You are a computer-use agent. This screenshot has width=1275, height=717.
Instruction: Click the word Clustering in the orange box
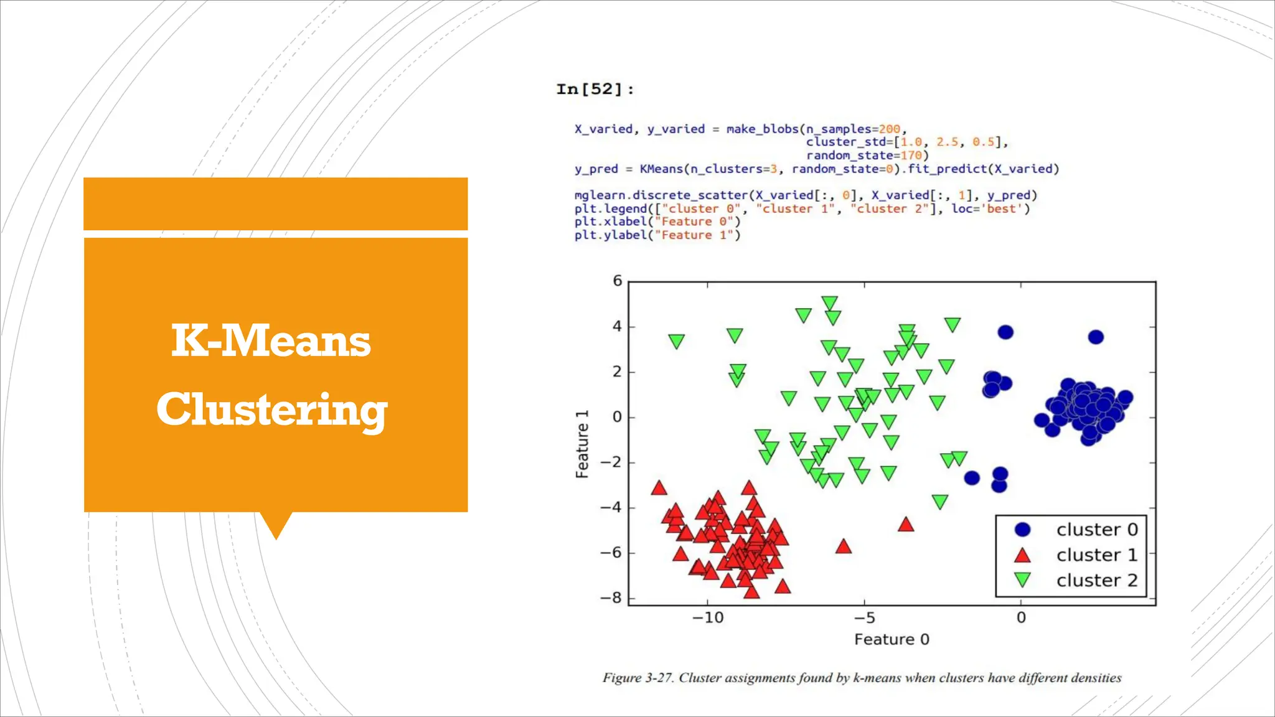click(x=271, y=410)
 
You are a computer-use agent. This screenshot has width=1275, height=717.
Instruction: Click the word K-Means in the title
click(x=271, y=341)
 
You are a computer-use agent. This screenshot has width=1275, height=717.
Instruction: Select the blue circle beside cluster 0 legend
click(x=1022, y=530)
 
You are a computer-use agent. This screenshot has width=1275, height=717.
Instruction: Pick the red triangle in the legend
click(x=1022, y=555)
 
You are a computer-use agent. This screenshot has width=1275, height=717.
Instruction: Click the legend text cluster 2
click(x=1096, y=580)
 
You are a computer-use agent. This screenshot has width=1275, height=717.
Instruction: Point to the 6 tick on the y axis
click(x=617, y=281)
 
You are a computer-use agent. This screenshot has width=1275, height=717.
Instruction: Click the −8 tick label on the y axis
click(x=611, y=598)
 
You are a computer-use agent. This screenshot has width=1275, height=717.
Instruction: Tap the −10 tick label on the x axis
click(x=708, y=618)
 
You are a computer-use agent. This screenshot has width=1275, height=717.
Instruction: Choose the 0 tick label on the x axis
click(x=1021, y=618)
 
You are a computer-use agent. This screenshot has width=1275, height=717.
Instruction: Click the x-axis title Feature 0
click(x=892, y=640)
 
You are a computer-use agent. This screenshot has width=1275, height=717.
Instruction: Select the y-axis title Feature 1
click(x=581, y=444)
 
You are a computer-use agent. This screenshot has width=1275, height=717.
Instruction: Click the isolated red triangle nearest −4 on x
click(x=906, y=525)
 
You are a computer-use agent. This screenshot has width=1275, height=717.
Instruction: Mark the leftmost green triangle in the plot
click(x=676, y=341)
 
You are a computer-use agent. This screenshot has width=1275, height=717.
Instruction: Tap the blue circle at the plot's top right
click(x=1096, y=337)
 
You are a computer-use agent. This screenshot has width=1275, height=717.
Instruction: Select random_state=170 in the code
click(x=867, y=156)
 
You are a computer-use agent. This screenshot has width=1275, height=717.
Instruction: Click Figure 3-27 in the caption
click(x=637, y=678)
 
